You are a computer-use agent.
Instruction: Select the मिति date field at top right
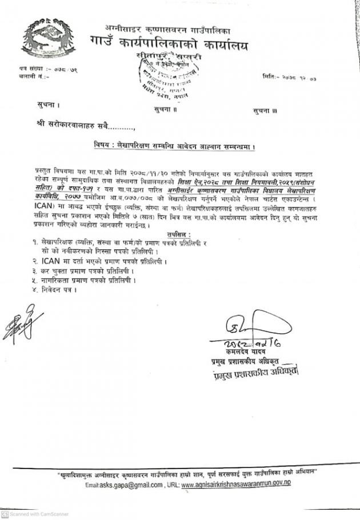point(289,77)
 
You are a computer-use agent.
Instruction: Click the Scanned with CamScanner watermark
point(35,514)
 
